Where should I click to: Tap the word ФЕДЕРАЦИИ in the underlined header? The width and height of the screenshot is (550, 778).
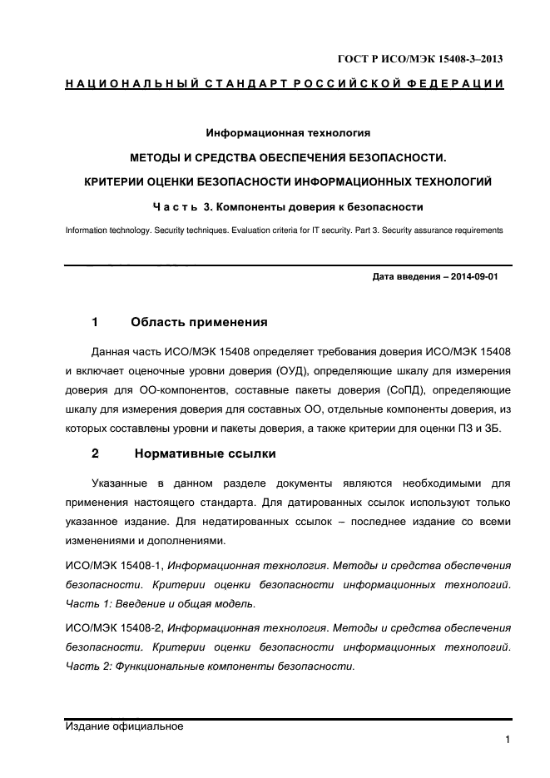[x=457, y=84]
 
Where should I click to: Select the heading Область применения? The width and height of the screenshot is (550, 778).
[x=199, y=322]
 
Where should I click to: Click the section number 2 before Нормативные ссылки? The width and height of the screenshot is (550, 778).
[x=95, y=453]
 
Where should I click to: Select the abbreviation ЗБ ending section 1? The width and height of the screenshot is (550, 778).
[x=501, y=429]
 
